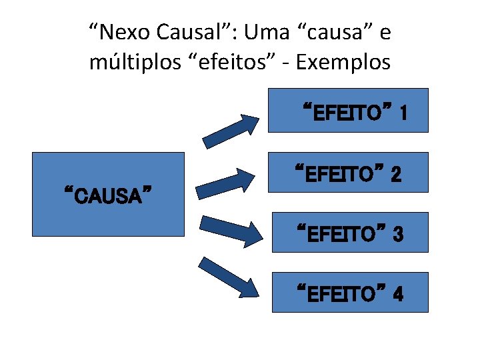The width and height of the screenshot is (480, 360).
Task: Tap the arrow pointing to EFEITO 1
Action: pos(231,131)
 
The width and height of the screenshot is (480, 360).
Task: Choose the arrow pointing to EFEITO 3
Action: pos(231,229)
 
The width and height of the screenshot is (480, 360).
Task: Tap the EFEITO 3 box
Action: pos(349,232)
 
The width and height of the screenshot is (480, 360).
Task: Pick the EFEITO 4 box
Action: pos(349,292)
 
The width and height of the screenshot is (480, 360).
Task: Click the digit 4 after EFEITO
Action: pos(397,294)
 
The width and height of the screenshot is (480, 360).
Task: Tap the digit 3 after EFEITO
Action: pos(397,234)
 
